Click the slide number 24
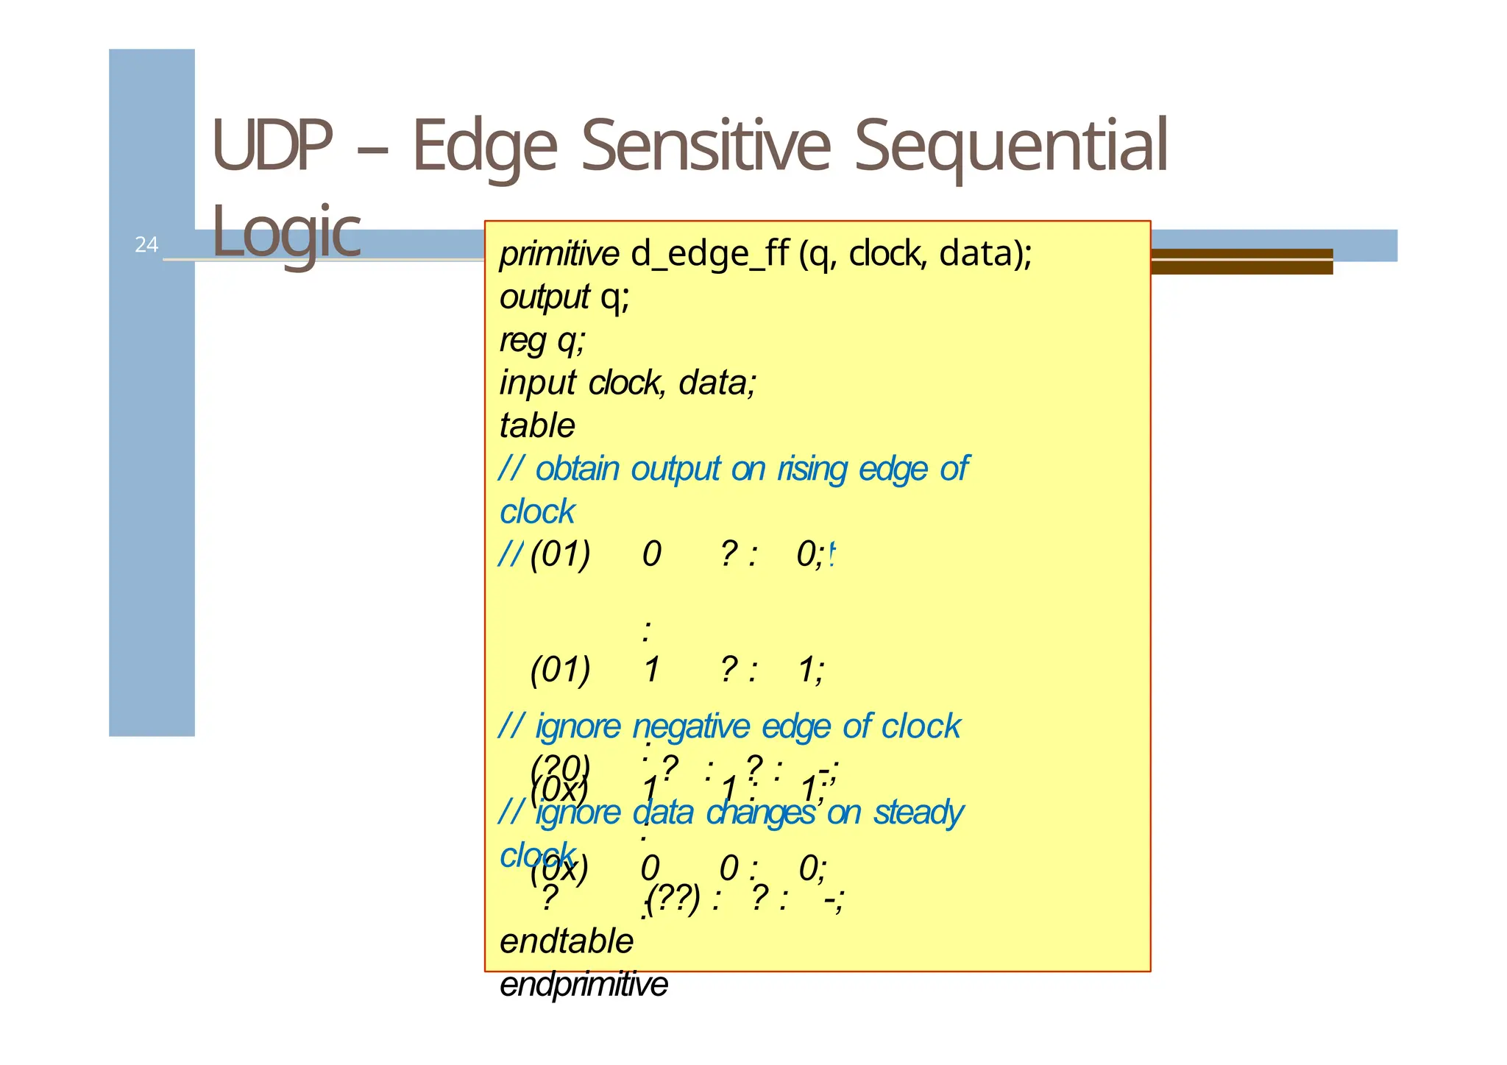tap(146, 244)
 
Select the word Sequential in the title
tap(1010, 146)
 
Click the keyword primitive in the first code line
tap(559, 254)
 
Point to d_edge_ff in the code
tap(709, 254)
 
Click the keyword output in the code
tap(544, 297)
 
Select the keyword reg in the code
tap(522, 341)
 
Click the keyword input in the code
tap(537, 383)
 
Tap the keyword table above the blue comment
tap(537, 425)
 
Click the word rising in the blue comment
tap(812, 469)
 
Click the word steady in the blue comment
tap(918, 813)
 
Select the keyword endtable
tap(567, 941)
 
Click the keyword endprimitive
tap(584, 985)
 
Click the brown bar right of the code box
tap(1241, 261)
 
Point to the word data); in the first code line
tap(986, 254)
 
